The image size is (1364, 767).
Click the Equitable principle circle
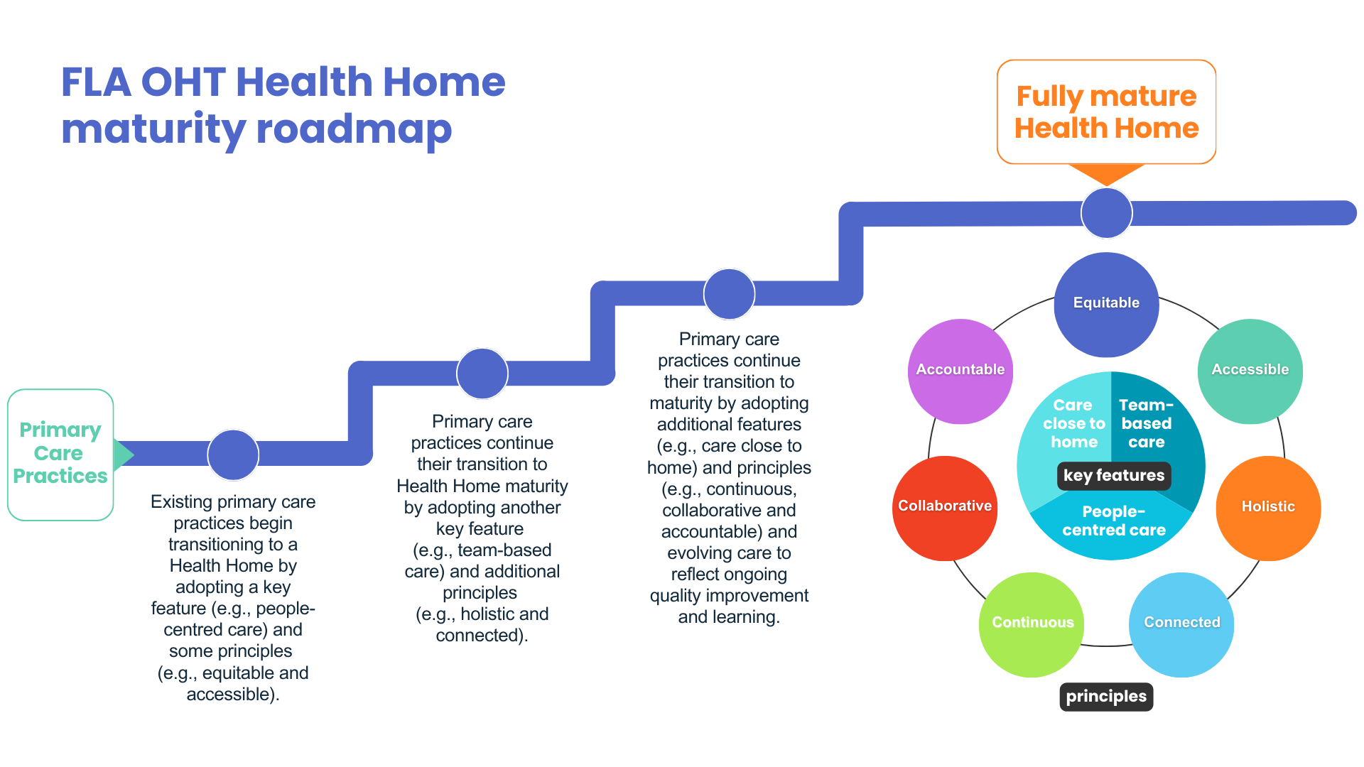[1106, 304]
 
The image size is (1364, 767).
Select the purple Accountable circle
[960, 371]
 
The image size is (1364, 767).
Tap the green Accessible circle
[1250, 371]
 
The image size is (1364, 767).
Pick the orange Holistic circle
[1268, 508]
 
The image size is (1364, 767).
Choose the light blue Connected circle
[1181, 624]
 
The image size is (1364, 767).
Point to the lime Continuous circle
[1032, 624]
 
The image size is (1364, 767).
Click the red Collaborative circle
[944, 508]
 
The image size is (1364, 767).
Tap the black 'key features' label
[1113, 475]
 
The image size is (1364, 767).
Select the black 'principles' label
[1106, 696]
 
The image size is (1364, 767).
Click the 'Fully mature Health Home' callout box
[1106, 111]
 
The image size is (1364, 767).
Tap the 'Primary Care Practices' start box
[60, 454]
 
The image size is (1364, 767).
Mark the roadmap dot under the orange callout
[1106, 212]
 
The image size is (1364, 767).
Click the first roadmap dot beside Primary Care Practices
[233, 455]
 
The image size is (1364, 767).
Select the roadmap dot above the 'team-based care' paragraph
[482, 374]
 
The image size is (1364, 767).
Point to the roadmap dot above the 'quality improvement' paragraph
[729, 294]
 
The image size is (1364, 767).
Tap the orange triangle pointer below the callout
[1106, 173]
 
